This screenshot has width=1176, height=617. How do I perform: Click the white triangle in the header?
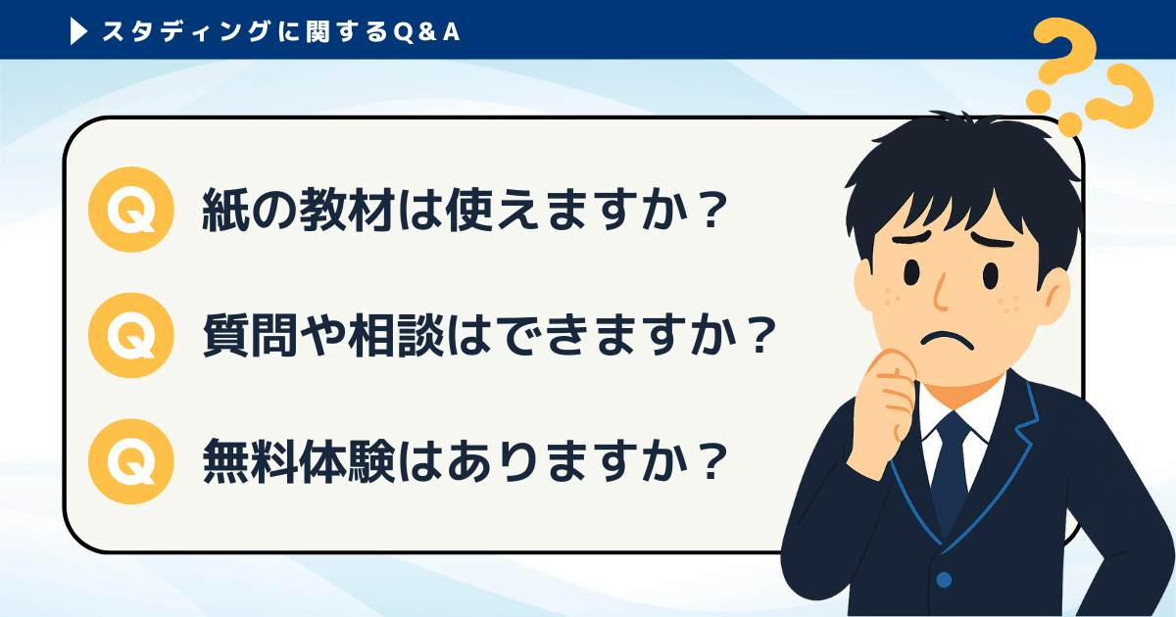point(78,32)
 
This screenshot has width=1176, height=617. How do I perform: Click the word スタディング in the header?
point(186,32)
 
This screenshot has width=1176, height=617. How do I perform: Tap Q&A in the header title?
point(426,32)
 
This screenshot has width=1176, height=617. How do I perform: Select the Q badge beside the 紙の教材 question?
point(130,210)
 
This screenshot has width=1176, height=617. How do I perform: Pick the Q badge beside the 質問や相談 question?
point(130,335)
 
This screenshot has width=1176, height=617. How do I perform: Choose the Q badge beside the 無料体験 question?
point(130,461)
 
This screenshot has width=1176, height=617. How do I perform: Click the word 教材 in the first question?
point(347,210)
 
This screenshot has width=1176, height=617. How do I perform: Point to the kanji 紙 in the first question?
point(225,210)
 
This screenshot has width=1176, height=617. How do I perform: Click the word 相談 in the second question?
point(396,336)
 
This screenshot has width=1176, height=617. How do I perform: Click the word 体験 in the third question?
point(347,461)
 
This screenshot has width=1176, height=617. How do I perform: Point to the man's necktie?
point(952,472)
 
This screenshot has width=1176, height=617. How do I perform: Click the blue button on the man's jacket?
point(944,579)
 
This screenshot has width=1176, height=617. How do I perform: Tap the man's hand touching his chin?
point(888,399)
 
